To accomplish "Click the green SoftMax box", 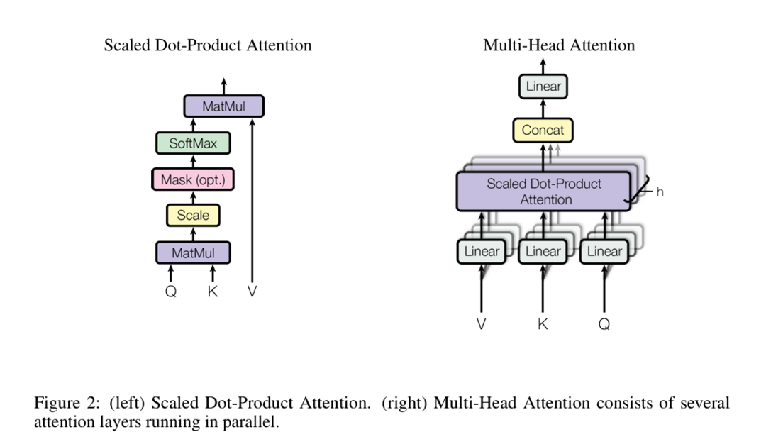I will (x=193, y=143).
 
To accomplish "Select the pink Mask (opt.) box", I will (x=193, y=179).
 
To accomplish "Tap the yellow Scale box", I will (x=193, y=215).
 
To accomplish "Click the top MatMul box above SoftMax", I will (x=223, y=107).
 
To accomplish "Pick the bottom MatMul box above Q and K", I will (x=193, y=252).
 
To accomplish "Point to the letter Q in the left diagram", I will (x=171, y=291).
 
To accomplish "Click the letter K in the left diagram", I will (x=213, y=291).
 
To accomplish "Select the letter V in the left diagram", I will (x=252, y=291).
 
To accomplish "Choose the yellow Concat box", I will (x=543, y=131).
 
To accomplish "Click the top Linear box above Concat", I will (x=543, y=87).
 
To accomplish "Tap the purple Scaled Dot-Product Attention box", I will (x=544, y=192).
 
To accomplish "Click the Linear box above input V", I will (x=482, y=252).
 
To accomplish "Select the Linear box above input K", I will (x=543, y=252).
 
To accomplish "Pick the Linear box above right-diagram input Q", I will (x=604, y=252).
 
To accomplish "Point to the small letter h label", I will (x=660, y=192).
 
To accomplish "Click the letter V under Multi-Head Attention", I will (x=482, y=324).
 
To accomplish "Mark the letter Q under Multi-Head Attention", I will (x=604, y=324).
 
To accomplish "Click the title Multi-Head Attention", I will (x=559, y=45).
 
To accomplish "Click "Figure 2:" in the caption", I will (x=66, y=404).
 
